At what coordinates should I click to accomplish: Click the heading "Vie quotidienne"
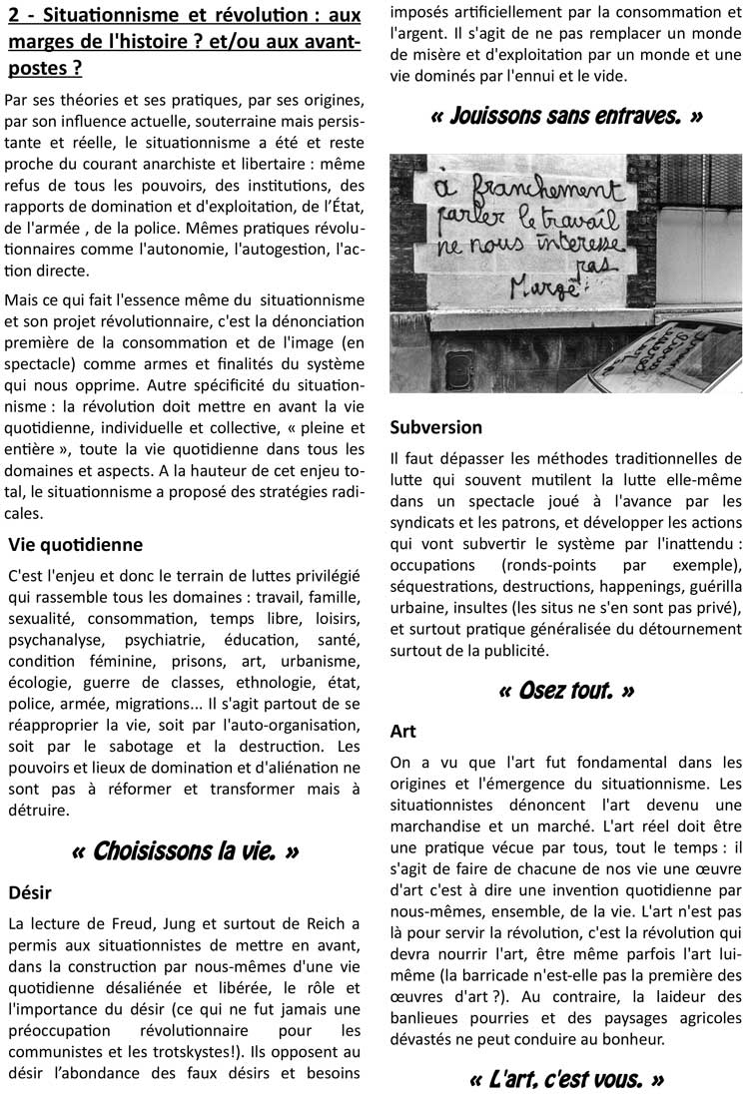[x=76, y=545]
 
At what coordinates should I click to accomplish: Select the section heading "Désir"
[x=30, y=891]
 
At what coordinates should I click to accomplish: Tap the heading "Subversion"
[x=435, y=426]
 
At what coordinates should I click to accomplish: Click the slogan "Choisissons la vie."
[x=186, y=851]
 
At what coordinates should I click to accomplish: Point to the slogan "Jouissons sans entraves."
[x=566, y=116]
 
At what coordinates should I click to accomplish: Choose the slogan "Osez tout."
[x=566, y=690]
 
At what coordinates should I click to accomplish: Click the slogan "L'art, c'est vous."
[x=566, y=1079]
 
